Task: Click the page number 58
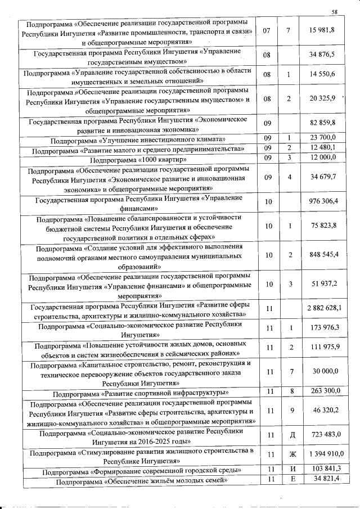point(334,12)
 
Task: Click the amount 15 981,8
point(326,29)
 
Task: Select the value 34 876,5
point(326,55)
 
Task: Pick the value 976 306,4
point(325,201)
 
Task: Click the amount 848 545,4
point(325,255)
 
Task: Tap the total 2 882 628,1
point(325,307)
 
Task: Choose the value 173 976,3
point(325,327)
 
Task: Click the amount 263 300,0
point(325,391)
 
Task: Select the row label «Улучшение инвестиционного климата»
point(138,139)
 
